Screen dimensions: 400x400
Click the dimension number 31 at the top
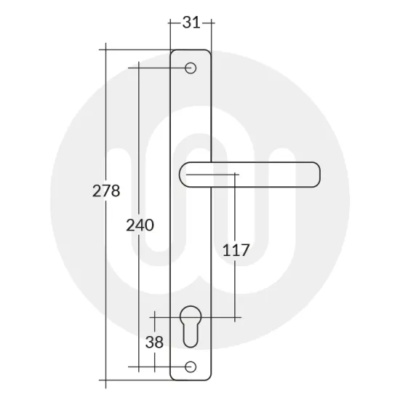coord(191,23)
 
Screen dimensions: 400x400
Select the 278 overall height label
coord(106,192)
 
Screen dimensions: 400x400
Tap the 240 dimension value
coord(140,225)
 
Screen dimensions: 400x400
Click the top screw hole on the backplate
coord(191,68)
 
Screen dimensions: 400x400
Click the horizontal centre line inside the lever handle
coord(211,175)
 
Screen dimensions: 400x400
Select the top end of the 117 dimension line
coord(236,175)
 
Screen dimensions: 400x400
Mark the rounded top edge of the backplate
coord(191,49)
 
